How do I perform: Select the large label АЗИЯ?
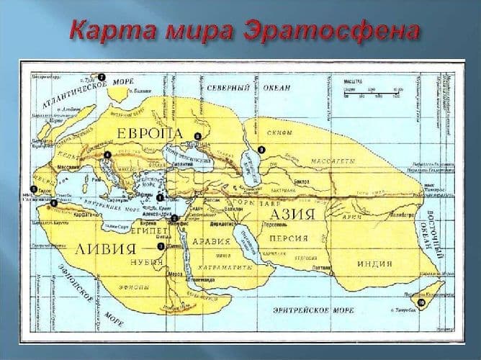[x=294, y=215]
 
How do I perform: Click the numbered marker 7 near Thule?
[x=102, y=76]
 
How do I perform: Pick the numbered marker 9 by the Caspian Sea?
[x=262, y=149]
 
